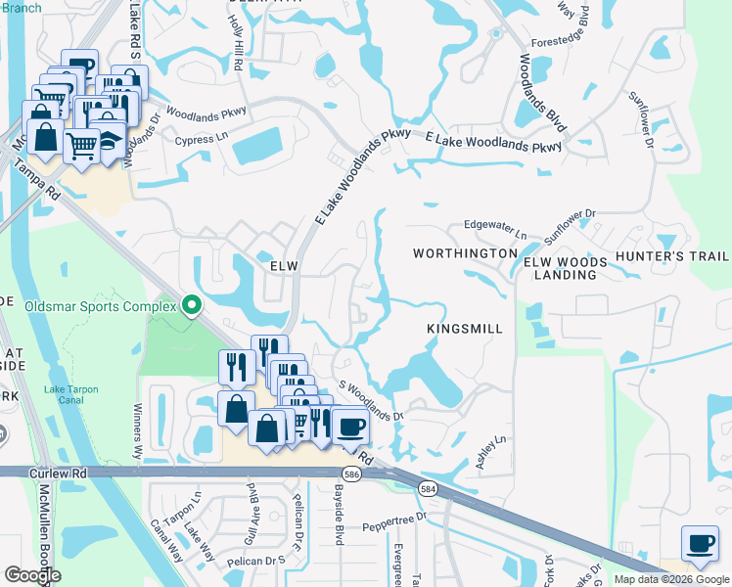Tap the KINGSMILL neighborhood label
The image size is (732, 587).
[465, 330]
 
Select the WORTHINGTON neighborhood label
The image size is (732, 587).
[464, 253]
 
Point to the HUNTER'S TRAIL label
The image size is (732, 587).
[672, 256]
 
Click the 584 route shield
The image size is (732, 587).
[427, 487]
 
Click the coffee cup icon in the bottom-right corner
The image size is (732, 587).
[701, 544]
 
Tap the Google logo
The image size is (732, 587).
[32, 575]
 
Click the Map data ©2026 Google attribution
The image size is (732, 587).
[670, 579]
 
